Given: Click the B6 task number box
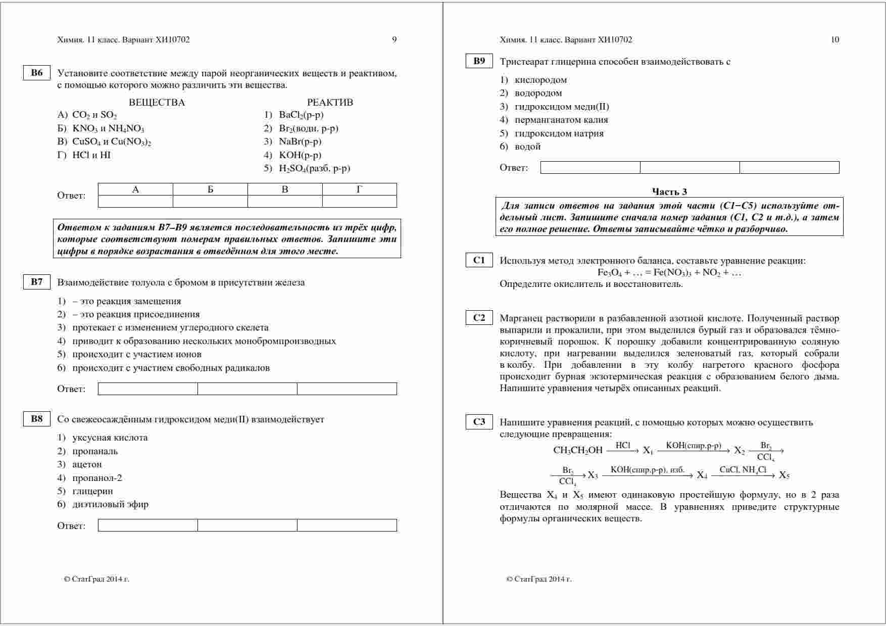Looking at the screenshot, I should click(37, 73).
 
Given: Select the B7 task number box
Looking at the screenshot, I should click(37, 282).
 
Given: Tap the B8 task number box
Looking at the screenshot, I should click(37, 419).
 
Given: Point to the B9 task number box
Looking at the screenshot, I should click(479, 61).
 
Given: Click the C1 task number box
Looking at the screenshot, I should click(479, 260).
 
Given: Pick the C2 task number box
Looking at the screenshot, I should click(479, 318).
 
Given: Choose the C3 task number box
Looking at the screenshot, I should click(479, 422).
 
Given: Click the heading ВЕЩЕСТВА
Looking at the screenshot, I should click(157, 103).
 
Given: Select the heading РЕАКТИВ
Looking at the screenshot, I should click(330, 103).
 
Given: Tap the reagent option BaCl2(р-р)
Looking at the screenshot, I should click(301, 115).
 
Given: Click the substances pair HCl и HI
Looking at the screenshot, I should click(91, 155).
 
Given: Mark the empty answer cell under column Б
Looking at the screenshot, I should click(210, 201).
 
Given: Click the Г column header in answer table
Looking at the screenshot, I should click(359, 189).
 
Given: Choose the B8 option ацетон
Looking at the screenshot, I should click(87, 464).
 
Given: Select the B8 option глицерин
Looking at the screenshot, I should click(92, 491).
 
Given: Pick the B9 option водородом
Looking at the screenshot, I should click(538, 93).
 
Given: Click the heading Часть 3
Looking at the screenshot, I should click(669, 191).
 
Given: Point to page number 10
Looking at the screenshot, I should click(835, 40).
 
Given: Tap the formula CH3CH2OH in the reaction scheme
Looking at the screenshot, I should click(578, 450).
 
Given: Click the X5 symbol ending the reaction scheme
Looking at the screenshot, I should click(784, 475).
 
